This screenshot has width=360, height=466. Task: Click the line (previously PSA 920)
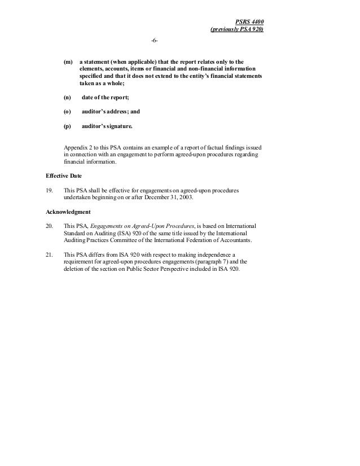(236, 29)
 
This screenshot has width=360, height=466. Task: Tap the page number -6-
(155, 42)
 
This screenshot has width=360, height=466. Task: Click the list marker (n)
(68, 98)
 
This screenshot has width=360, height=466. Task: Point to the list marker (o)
(68, 112)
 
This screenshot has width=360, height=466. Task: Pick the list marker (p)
(68, 125)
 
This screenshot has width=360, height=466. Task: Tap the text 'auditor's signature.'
(107, 125)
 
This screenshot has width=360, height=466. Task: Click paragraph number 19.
(49, 190)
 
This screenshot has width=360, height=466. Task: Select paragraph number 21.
(49, 254)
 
